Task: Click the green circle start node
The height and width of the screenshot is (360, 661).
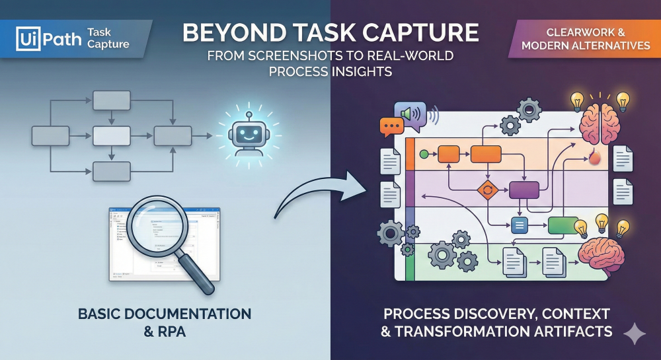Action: [424, 155]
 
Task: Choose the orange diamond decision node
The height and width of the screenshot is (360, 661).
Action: [487, 190]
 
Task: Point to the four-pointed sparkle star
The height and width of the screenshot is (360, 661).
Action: [635, 334]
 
